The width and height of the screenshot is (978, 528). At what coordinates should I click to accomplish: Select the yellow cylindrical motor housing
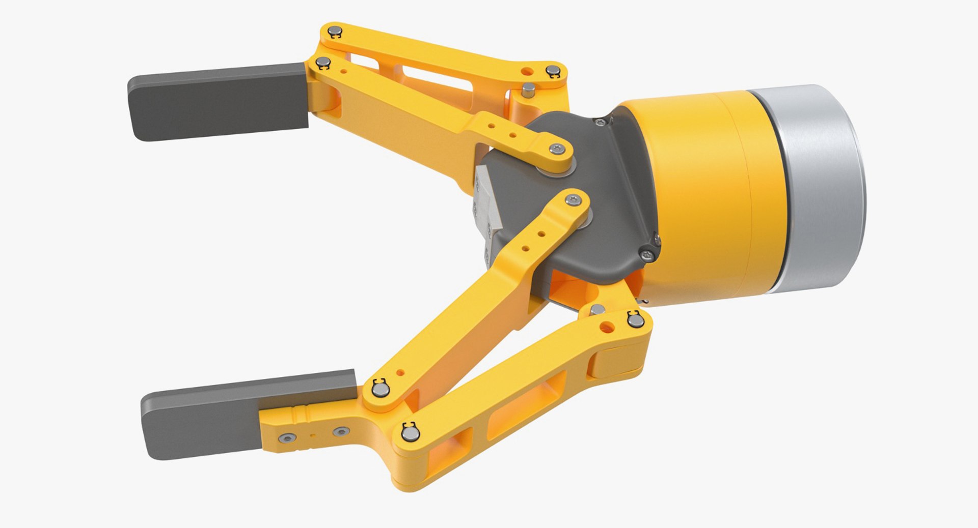point(713,198)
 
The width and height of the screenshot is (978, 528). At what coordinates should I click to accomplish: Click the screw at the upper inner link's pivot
point(558,149)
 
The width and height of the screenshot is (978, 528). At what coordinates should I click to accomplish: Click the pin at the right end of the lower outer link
point(634,320)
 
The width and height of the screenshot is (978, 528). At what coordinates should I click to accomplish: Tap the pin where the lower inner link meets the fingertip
point(380,390)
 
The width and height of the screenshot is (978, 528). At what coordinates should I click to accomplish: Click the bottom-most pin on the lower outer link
point(410,433)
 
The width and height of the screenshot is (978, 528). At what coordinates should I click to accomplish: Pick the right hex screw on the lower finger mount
point(340,432)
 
